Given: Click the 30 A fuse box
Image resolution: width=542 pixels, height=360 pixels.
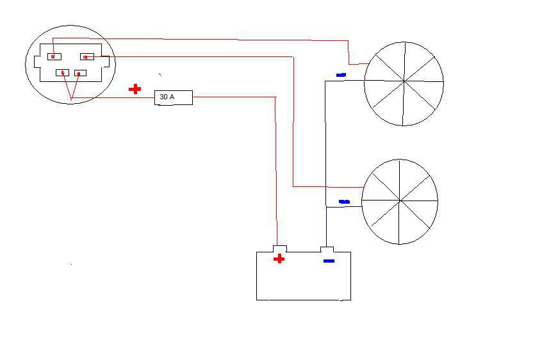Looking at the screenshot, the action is [x=174, y=98].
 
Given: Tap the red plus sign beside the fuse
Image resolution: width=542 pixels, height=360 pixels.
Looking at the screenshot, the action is [x=135, y=89].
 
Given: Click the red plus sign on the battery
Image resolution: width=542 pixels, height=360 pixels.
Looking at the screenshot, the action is [x=279, y=258].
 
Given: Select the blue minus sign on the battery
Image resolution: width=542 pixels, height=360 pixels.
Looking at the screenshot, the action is [x=329, y=261].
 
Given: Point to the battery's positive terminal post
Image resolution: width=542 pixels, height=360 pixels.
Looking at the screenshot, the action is [x=279, y=249].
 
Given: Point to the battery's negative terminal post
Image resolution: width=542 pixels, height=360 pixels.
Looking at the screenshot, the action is [x=327, y=249].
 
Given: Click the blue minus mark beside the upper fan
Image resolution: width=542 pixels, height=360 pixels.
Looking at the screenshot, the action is [x=341, y=74].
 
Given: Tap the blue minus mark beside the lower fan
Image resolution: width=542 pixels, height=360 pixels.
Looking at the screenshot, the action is [x=344, y=202].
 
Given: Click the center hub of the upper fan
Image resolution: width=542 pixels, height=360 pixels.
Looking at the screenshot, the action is [x=404, y=82].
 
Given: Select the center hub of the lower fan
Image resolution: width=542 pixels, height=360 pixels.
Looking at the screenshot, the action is [x=400, y=200].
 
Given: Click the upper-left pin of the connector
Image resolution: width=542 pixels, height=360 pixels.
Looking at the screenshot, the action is [x=54, y=56].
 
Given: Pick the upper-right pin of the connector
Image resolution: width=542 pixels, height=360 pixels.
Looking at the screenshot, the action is [x=87, y=56].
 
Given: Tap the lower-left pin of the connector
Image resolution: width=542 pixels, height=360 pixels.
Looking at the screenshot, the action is [x=63, y=72].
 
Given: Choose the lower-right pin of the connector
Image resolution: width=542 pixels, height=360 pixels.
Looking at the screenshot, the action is [x=80, y=73].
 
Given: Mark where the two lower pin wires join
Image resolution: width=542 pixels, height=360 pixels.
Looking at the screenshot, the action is [x=72, y=99].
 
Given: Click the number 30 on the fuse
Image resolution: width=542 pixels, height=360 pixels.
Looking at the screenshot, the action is [x=163, y=97].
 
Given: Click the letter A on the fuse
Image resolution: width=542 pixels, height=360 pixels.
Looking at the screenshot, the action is [x=172, y=97].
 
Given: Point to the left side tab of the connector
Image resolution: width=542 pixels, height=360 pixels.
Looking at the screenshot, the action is [x=37, y=62].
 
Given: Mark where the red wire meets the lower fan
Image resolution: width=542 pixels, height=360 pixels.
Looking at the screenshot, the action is [x=363, y=188].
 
